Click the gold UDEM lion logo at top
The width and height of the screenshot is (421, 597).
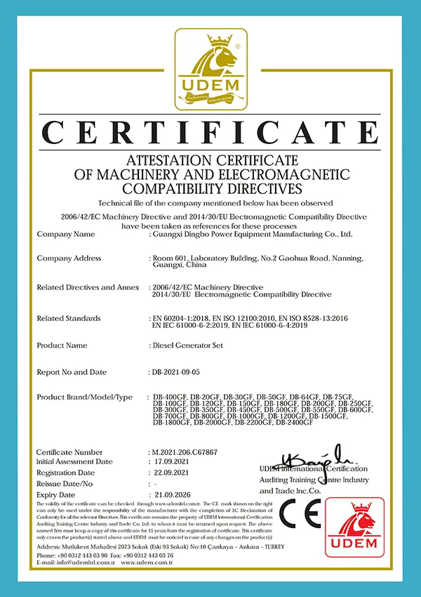pyautogui.click(x=210, y=69)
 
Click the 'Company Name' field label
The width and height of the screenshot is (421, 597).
pyautogui.click(x=65, y=234)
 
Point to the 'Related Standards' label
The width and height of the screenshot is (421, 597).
pyautogui.click(x=69, y=318)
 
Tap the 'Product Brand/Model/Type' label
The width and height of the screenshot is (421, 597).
pyautogui.click(x=84, y=398)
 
